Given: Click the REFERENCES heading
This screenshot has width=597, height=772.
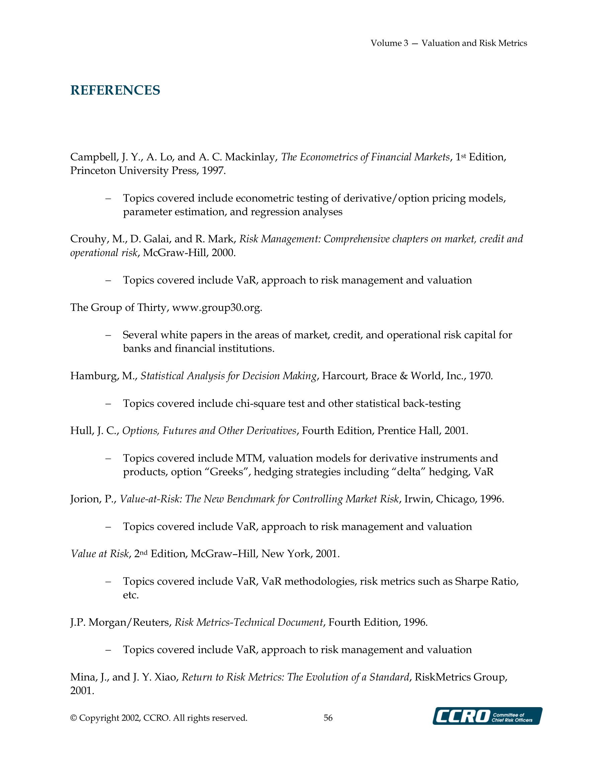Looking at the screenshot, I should tap(115, 91).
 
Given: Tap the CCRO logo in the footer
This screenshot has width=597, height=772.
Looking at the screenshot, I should tap(487, 716).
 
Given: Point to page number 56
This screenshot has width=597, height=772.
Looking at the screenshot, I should tap(328, 718).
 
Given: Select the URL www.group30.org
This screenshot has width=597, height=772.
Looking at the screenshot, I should tap(217, 308).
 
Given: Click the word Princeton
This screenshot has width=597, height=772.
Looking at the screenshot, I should tap(93, 171).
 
